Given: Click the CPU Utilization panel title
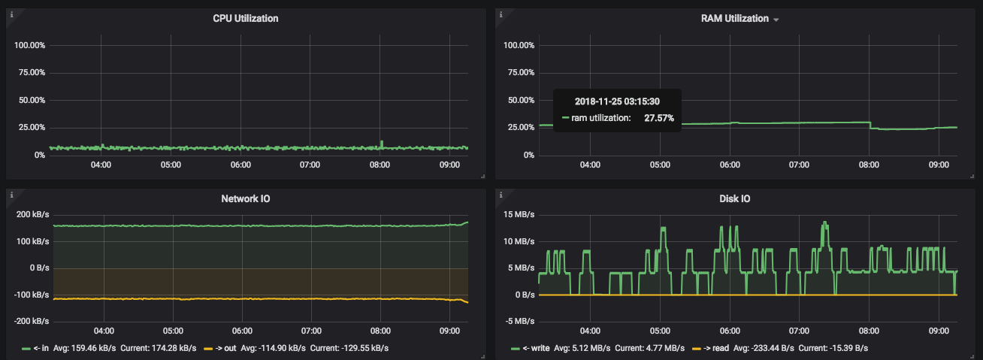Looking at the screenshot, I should [x=246, y=18].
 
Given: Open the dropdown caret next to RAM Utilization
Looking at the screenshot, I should [x=776, y=20].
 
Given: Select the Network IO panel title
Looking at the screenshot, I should [x=246, y=198].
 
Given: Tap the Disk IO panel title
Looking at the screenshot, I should [x=734, y=198].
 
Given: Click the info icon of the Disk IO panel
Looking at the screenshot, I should [x=502, y=195].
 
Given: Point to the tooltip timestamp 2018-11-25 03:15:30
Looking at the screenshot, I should [x=617, y=101].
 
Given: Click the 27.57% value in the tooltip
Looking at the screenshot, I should [x=659, y=118].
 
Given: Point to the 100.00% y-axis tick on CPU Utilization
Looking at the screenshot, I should [x=30, y=45].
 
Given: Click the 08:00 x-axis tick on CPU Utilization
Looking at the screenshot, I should [x=380, y=165].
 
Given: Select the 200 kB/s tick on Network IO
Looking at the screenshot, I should [x=32, y=214].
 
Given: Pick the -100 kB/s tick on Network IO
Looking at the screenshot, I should [x=32, y=295].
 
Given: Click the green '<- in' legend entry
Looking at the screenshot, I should [x=38, y=348].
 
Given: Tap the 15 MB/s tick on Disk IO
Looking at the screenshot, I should [x=519, y=214].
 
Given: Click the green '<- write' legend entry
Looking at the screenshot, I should [x=531, y=348].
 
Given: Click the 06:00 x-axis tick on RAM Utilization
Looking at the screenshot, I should [x=730, y=165].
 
